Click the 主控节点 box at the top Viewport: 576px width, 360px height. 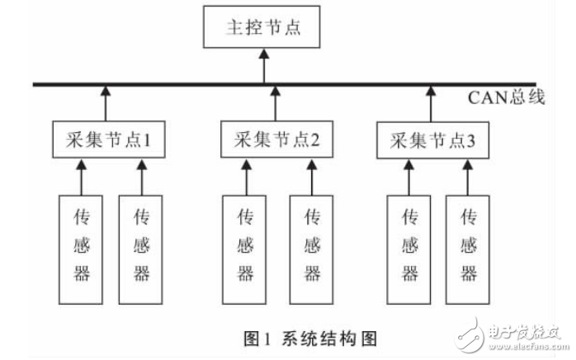pos(264,28)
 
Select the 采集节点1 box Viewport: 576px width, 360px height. pos(106,140)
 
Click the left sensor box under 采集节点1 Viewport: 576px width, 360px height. pos(81,248)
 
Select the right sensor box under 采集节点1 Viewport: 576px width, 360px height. pos(142,248)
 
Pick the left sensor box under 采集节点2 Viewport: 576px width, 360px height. pos(245,248)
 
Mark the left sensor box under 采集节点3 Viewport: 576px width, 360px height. pos(408,248)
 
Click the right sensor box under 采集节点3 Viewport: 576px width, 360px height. pos(468,248)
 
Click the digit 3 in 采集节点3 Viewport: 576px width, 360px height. pos(470,140)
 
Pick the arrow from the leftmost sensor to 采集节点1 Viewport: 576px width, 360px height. pos(81,177)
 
